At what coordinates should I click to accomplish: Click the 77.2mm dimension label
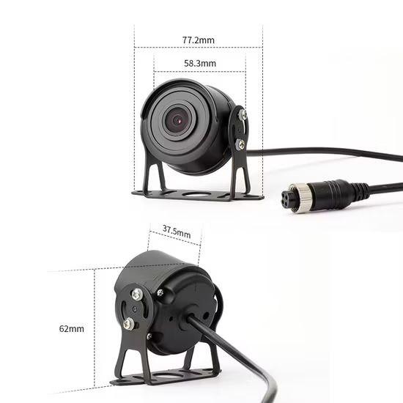click(199, 40)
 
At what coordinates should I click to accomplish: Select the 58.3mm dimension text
click(200, 63)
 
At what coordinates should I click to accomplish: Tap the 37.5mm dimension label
click(177, 232)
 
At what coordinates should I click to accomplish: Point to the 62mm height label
click(72, 329)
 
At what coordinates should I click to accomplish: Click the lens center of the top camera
click(177, 120)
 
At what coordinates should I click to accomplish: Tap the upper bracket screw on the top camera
click(243, 114)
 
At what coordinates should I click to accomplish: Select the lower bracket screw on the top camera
click(240, 144)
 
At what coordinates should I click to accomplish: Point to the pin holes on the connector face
click(286, 198)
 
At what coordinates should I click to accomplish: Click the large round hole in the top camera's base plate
click(195, 194)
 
